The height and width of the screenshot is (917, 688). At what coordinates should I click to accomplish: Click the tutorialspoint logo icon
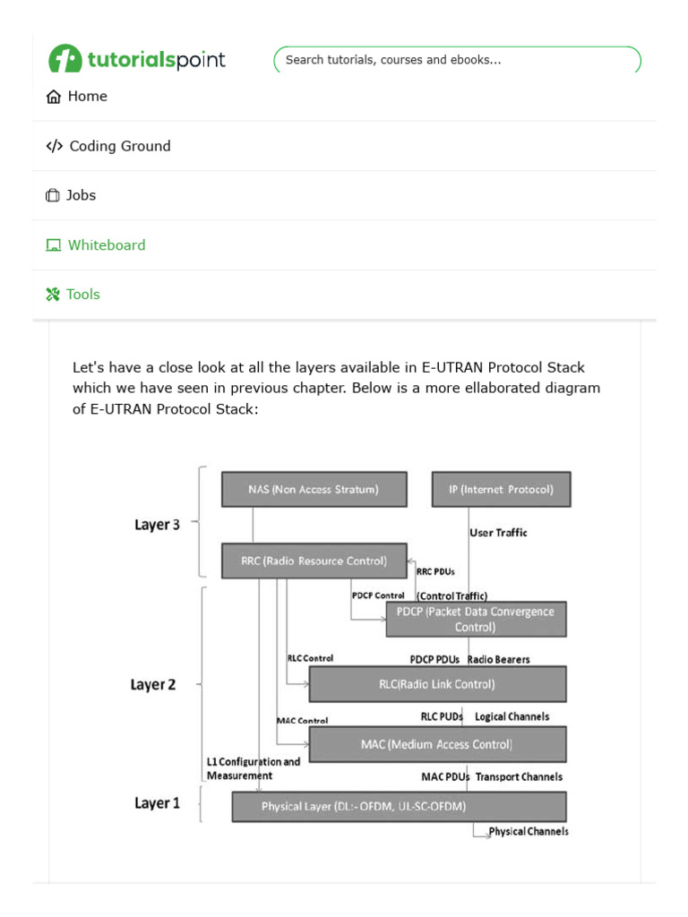64,59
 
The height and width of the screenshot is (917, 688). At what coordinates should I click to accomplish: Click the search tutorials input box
457,60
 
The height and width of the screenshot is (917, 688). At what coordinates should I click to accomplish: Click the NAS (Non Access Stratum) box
314,490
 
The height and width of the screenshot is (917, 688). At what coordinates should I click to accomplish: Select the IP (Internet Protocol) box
501,490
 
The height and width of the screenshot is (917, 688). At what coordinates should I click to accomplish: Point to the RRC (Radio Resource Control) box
314,561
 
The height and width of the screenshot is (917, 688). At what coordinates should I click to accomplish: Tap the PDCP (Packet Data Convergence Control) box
476,619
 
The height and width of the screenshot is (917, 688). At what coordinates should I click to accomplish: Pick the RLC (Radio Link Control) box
437,684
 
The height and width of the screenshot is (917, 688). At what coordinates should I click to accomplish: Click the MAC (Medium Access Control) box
437,744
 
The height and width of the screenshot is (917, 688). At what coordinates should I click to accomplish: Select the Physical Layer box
399,806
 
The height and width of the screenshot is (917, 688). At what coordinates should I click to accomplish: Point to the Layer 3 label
157,525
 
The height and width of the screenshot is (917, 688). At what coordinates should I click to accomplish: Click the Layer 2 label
153,685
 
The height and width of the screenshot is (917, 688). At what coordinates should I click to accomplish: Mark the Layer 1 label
157,803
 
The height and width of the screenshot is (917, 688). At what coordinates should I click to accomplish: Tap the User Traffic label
498,533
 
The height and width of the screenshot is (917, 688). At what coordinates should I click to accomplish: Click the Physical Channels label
528,832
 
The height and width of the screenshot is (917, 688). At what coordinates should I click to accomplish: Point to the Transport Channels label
519,776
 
